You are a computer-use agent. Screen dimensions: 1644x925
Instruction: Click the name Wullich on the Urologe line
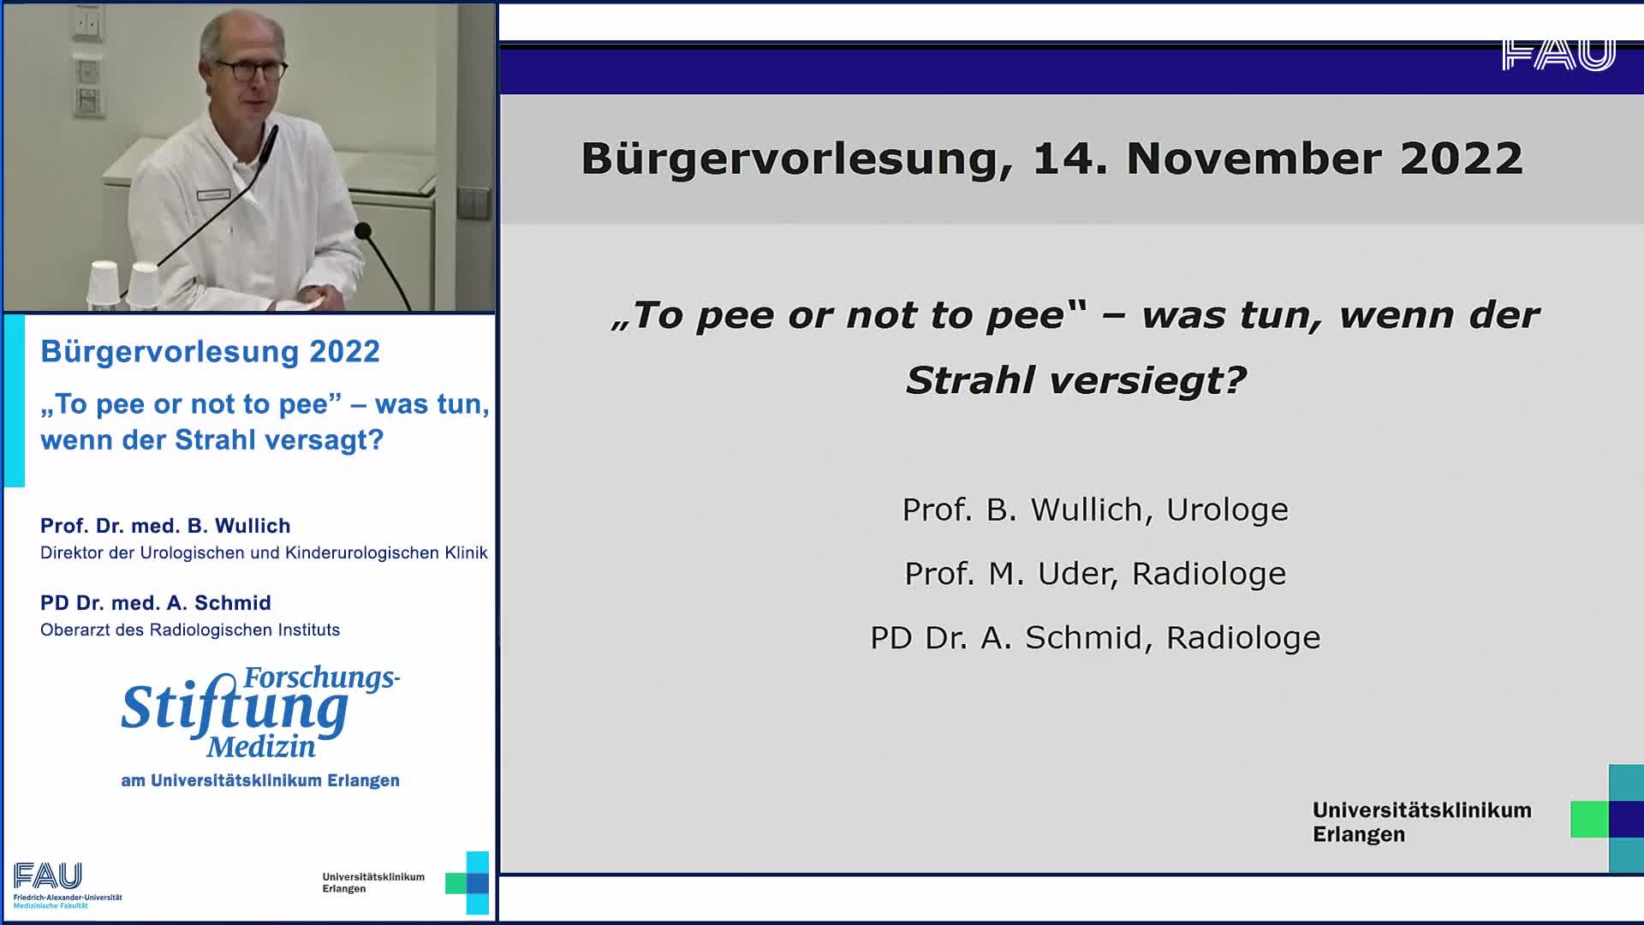[x=1087, y=510]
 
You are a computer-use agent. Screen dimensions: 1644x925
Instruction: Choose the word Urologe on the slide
[x=1227, y=510]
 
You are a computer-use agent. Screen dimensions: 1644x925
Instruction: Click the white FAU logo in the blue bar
[x=1558, y=54]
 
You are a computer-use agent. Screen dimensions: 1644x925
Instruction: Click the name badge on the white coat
[x=213, y=194]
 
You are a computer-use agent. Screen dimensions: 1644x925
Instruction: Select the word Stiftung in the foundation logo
[x=235, y=708]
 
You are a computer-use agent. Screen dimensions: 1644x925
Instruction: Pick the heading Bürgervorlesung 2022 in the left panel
[x=210, y=351]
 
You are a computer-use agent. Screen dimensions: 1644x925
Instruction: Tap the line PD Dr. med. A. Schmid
[x=156, y=603]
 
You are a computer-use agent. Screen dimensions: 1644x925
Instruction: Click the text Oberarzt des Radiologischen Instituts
[x=190, y=630]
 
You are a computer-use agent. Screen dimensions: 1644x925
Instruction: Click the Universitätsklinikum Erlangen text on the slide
[x=1421, y=822]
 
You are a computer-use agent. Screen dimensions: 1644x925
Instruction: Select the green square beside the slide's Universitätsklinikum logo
[x=1589, y=820]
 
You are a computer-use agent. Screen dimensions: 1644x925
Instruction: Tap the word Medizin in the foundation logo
[x=260, y=747]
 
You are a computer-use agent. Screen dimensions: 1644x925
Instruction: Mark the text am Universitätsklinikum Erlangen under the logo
[x=260, y=780]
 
